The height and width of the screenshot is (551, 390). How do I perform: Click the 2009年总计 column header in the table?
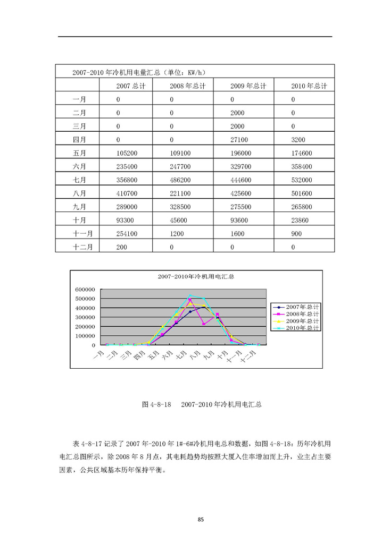(248, 86)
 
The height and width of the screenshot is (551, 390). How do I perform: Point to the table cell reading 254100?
(128, 233)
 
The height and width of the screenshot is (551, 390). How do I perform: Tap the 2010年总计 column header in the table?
(309, 86)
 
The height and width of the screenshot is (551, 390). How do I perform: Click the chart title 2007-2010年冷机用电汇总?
(196, 277)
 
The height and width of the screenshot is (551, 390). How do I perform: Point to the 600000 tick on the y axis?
(85, 290)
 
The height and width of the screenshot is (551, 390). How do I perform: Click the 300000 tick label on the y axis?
(85, 317)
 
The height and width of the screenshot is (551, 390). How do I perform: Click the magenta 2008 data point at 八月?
(203, 324)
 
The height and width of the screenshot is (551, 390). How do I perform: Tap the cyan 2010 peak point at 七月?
(190, 295)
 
